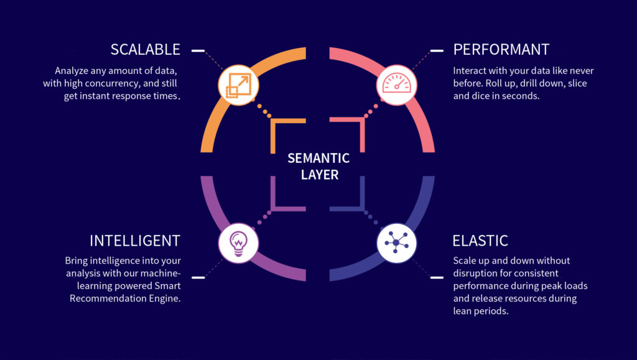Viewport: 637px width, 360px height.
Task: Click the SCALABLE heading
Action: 146,50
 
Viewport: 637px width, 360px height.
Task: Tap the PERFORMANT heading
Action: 501,50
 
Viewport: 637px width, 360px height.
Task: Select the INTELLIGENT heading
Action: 135,241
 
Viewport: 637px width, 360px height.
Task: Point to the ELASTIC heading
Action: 480,241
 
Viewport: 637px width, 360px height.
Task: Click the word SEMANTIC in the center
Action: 318,158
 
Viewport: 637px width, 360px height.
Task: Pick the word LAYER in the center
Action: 320,175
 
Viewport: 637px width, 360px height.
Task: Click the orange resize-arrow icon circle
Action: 238,85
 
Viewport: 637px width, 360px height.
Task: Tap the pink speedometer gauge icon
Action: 396,85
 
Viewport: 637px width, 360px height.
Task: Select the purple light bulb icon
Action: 238,243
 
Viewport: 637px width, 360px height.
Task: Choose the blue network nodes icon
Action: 396,243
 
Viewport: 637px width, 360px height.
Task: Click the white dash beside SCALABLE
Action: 198,51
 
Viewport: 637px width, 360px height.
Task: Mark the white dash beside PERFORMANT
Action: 437,51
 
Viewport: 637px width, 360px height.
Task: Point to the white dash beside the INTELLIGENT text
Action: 198,277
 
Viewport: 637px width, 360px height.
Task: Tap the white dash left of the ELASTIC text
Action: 437,277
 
